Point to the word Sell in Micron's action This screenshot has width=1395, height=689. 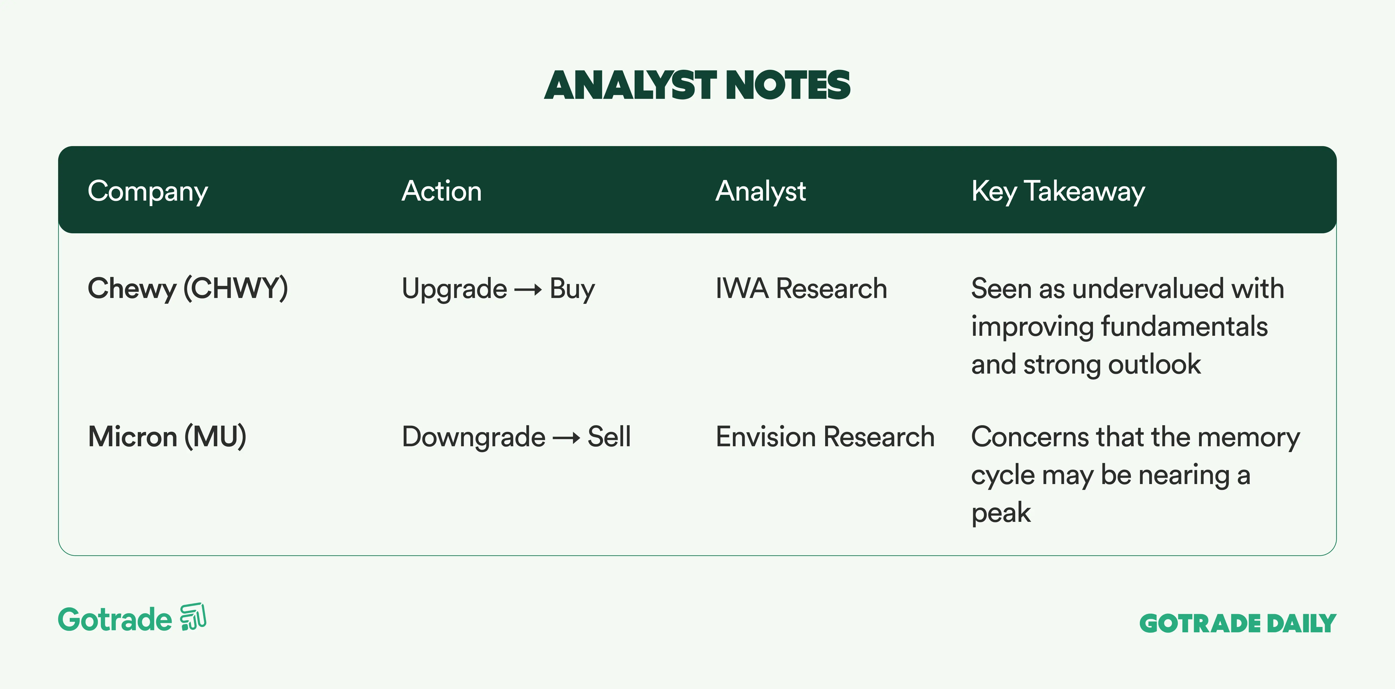point(609,437)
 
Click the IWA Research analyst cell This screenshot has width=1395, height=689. point(801,288)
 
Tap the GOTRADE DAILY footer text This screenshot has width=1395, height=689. point(1238,623)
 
